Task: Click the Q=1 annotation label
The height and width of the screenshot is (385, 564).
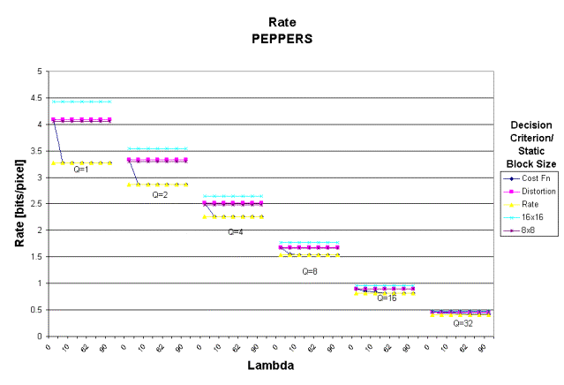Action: (x=81, y=169)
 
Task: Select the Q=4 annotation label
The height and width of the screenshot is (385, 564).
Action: (x=236, y=232)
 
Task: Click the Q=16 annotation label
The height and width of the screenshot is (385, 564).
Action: (x=387, y=298)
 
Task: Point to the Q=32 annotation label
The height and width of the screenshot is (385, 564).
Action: (x=462, y=323)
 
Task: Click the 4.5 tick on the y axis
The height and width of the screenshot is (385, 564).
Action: (x=35, y=98)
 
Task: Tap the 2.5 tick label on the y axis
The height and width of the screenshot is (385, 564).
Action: (x=35, y=204)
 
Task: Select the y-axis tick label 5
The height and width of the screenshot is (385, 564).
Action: (x=39, y=72)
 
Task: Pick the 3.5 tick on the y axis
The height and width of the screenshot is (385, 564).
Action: (x=35, y=151)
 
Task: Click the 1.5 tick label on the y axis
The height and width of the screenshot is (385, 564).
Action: (x=35, y=257)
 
